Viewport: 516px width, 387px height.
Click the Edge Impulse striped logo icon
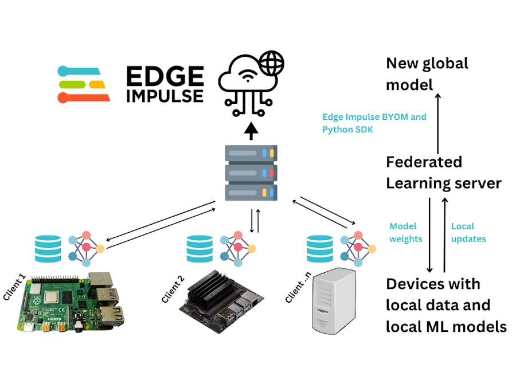[84, 84]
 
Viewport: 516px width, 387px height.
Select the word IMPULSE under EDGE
[165, 95]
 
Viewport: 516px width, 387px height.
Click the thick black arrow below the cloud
[251, 132]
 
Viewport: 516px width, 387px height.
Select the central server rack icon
[251, 172]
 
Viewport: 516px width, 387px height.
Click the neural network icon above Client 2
[237, 249]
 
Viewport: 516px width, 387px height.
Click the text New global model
[427, 74]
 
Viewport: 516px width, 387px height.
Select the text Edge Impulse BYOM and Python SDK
[374, 123]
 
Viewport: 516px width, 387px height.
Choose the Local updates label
[468, 232]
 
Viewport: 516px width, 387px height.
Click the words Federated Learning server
[443, 173]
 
